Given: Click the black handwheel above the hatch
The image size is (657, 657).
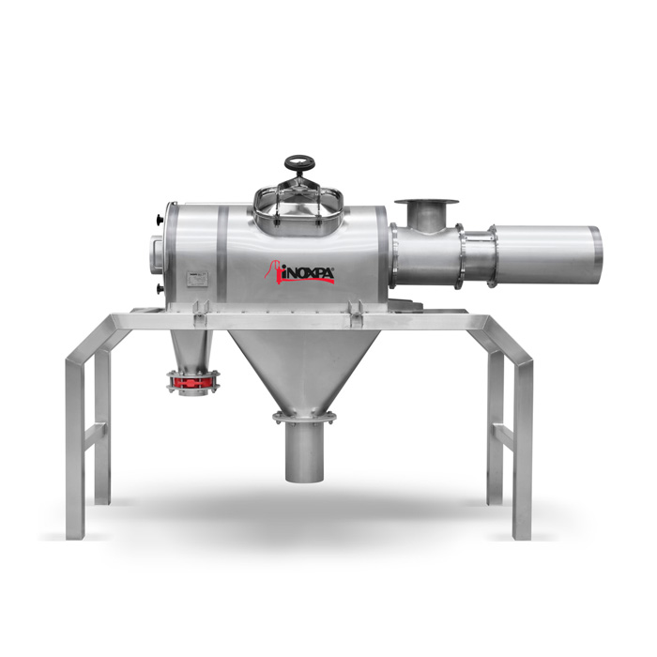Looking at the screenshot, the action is click(x=298, y=162).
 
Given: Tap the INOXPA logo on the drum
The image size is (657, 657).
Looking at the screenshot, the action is click(x=299, y=273).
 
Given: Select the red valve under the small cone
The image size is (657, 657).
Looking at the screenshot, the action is click(x=193, y=382).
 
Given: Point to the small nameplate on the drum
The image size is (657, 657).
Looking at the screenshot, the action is click(x=196, y=280).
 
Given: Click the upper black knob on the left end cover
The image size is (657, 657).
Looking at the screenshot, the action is click(x=159, y=219).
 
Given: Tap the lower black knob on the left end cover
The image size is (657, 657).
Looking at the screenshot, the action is click(x=159, y=289).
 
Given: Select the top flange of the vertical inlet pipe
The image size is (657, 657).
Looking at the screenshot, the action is click(x=426, y=202).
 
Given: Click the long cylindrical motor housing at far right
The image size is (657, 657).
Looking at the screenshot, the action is click(x=546, y=256).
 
